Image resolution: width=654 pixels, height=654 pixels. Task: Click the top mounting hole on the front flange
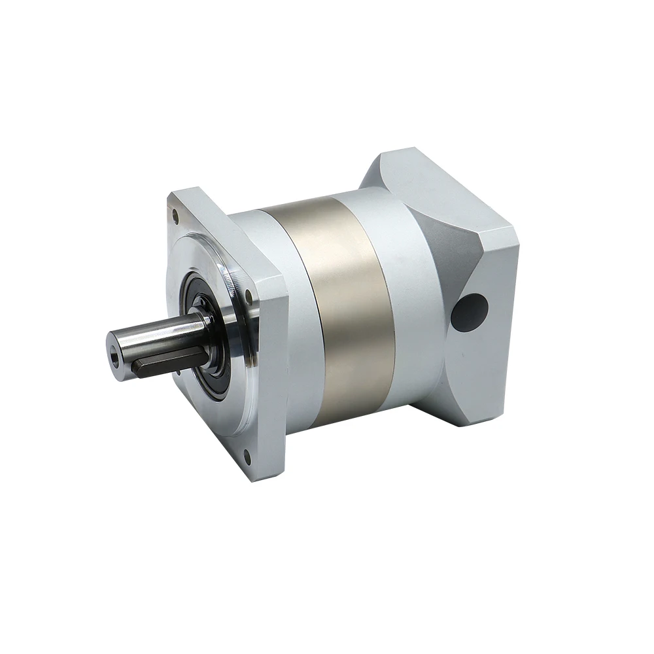coord(175,213)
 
